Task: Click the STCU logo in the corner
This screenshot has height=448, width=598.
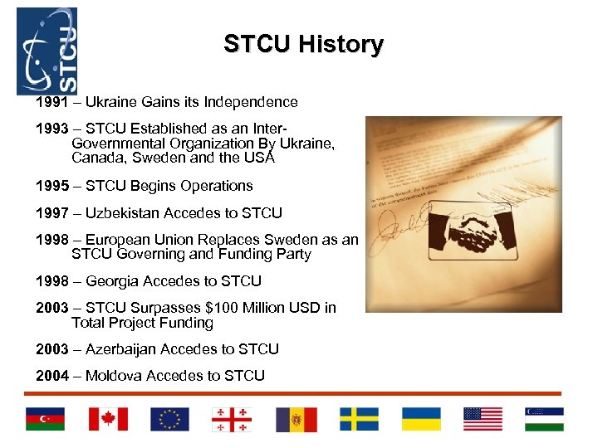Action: pos(47,51)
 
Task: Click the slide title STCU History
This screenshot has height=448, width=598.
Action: pos(303,44)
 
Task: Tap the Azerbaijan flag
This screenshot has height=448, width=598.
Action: pos(44,419)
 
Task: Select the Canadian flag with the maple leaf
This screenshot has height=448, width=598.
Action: pos(108,419)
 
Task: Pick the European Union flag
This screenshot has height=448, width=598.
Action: pos(169,419)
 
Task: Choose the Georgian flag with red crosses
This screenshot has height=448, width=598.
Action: pos(232,419)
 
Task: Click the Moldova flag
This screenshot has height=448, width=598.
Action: pos(297,419)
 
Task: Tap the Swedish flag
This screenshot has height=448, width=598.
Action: pos(359,419)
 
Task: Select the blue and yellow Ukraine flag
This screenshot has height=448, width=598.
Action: pos(421,419)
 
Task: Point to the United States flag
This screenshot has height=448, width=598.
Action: pos(483,419)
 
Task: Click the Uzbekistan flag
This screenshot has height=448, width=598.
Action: pos(544,419)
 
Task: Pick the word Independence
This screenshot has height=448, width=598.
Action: pos(254,102)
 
